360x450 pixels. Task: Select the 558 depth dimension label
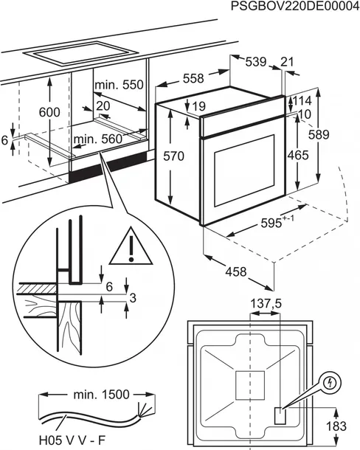pyautogui.click(x=194, y=79)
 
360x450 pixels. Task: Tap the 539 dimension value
pyautogui.click(x=255, y=63)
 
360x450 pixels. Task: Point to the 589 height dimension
pyautogui.click(x=339, y=136)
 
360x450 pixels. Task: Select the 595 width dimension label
pyautogui.click(x=277, y=222)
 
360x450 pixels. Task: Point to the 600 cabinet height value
pyautogui.click(x=49, y=112)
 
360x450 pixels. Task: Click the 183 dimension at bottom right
pyautogui.click(x=339, y=427)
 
